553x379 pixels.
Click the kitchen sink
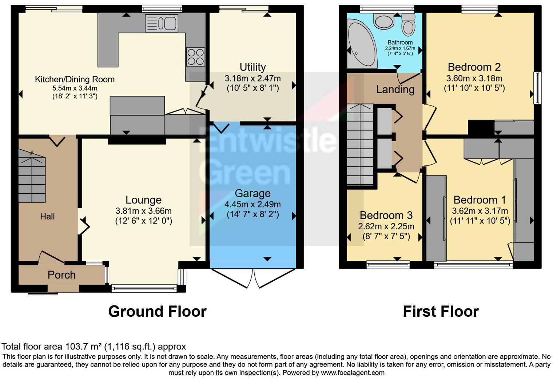(161, 23)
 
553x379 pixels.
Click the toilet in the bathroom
(409, 25)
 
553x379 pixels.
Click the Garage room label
(252, 193)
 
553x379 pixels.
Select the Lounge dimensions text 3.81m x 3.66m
(143, 211)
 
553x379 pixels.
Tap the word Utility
(252, 67)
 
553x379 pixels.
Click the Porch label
(61, 275)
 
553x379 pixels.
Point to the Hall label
(47, 217)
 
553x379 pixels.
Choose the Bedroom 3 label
(386, 215)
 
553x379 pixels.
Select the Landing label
(395, 90)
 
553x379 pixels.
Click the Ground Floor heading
(157, 312)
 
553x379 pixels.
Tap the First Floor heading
(441, 312)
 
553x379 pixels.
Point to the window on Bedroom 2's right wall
(537, 88)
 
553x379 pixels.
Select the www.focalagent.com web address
(353, 372)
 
